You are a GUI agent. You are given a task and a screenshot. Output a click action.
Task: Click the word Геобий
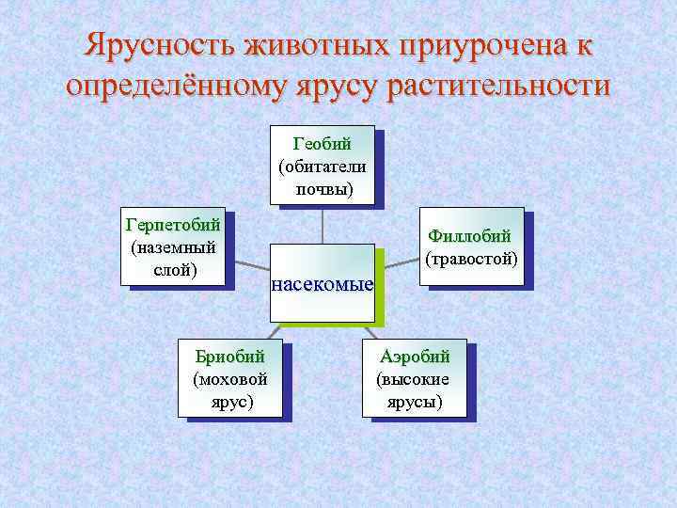pos(323,144)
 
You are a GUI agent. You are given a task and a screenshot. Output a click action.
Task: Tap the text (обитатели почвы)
pos(323,178)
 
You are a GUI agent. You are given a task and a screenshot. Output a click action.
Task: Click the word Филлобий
pos(471,235)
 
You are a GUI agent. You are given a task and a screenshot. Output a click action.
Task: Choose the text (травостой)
pos(471,257)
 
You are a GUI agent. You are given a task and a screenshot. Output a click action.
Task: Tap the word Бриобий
pos(229,357)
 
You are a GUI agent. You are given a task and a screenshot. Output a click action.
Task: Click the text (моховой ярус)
pos(229,390)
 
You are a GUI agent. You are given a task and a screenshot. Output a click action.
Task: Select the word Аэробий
pos(415,357)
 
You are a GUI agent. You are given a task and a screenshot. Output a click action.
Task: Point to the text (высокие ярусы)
pos(414,390)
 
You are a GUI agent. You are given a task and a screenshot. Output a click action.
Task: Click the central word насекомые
pos(323,284)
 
